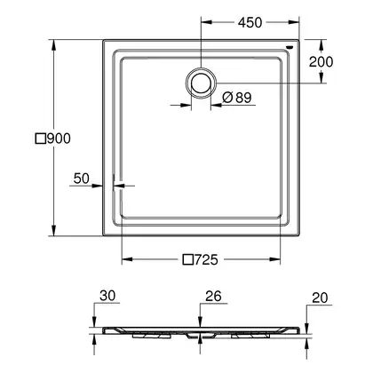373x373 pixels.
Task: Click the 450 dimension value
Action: coord(250,23)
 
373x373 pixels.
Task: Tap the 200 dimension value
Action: coord(321,62)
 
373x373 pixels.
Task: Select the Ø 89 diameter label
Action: coord(237,98)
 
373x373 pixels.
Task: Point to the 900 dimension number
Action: coord(59,139)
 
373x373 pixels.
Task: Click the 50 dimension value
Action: coord(82,179)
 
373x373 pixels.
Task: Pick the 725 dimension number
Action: coord(206,259)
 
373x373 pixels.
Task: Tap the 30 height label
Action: coord(107,296)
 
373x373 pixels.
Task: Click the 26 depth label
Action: coord(213,296)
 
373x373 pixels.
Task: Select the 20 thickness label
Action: coord(320,298)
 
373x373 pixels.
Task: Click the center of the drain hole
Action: coord(201,83)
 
